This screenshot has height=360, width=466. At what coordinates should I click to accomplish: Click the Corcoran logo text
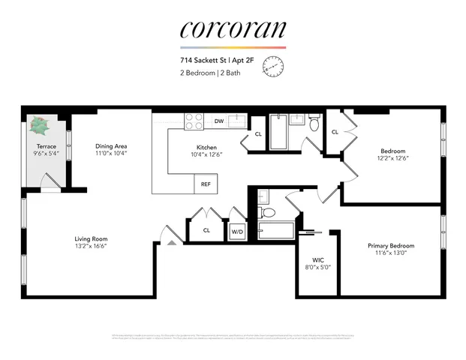tap(233, 29)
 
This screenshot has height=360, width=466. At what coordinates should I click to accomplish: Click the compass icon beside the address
tap(273, 68)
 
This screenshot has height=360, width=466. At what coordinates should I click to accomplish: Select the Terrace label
tap(47, 146)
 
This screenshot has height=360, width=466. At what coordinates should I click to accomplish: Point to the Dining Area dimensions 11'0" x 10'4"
tap(111, 153)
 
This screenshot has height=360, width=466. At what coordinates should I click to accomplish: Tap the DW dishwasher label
tap(218, 121)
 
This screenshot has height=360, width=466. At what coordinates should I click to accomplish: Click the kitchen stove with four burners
tap(194, 121)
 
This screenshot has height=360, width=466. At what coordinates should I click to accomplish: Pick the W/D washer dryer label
tap(237, 231)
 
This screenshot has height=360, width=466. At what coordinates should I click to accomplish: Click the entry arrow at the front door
tap(171, 241)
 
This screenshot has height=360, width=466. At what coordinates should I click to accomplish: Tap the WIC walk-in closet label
tap(320, 259)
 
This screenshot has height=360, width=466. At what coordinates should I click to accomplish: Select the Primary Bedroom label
tap(390, 245)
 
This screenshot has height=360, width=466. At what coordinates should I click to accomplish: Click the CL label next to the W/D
tap(206, 230)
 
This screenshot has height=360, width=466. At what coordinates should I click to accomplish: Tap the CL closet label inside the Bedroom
tap(335, 132)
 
